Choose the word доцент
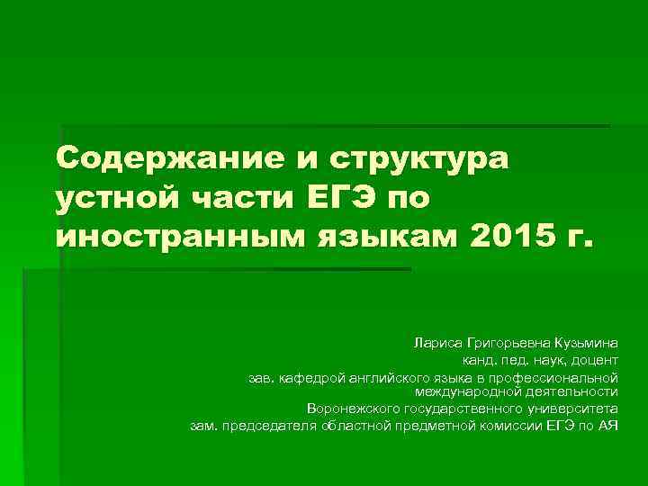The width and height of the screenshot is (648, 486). [593, 360]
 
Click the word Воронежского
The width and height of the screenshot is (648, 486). [352, 408]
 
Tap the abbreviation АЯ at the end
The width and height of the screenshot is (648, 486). [608, 425]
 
